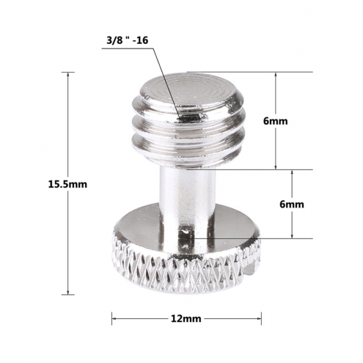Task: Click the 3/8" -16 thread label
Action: point(127,40)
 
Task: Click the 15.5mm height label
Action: point(67,184)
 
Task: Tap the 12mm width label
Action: point(186,318)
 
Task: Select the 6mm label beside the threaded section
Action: point(276,121)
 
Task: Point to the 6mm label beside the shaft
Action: point(292,204)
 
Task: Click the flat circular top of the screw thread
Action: point(189,90)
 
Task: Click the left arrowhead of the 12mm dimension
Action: point(114,318)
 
